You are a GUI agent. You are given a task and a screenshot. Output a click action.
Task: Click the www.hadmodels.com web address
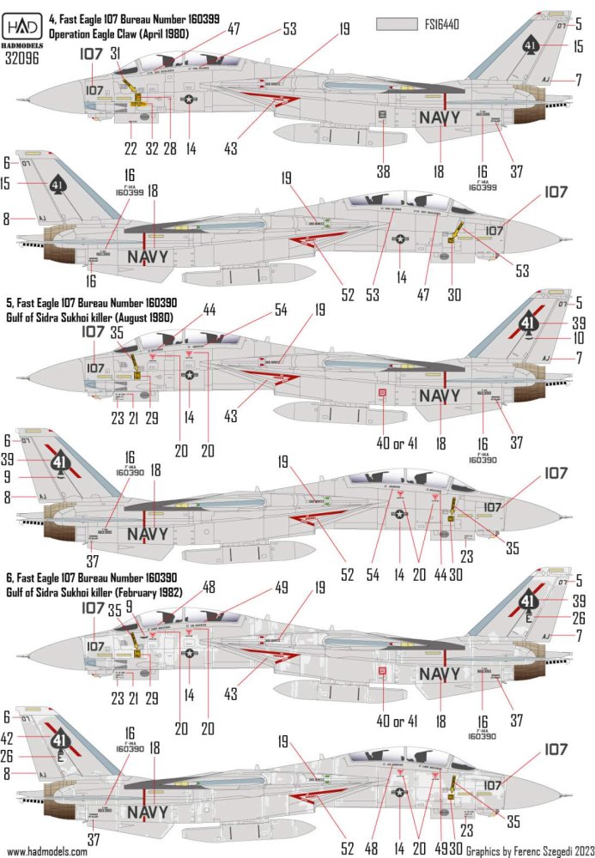click(x=44, y=851)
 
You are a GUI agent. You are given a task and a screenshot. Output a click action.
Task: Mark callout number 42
click(x=7, y=736)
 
